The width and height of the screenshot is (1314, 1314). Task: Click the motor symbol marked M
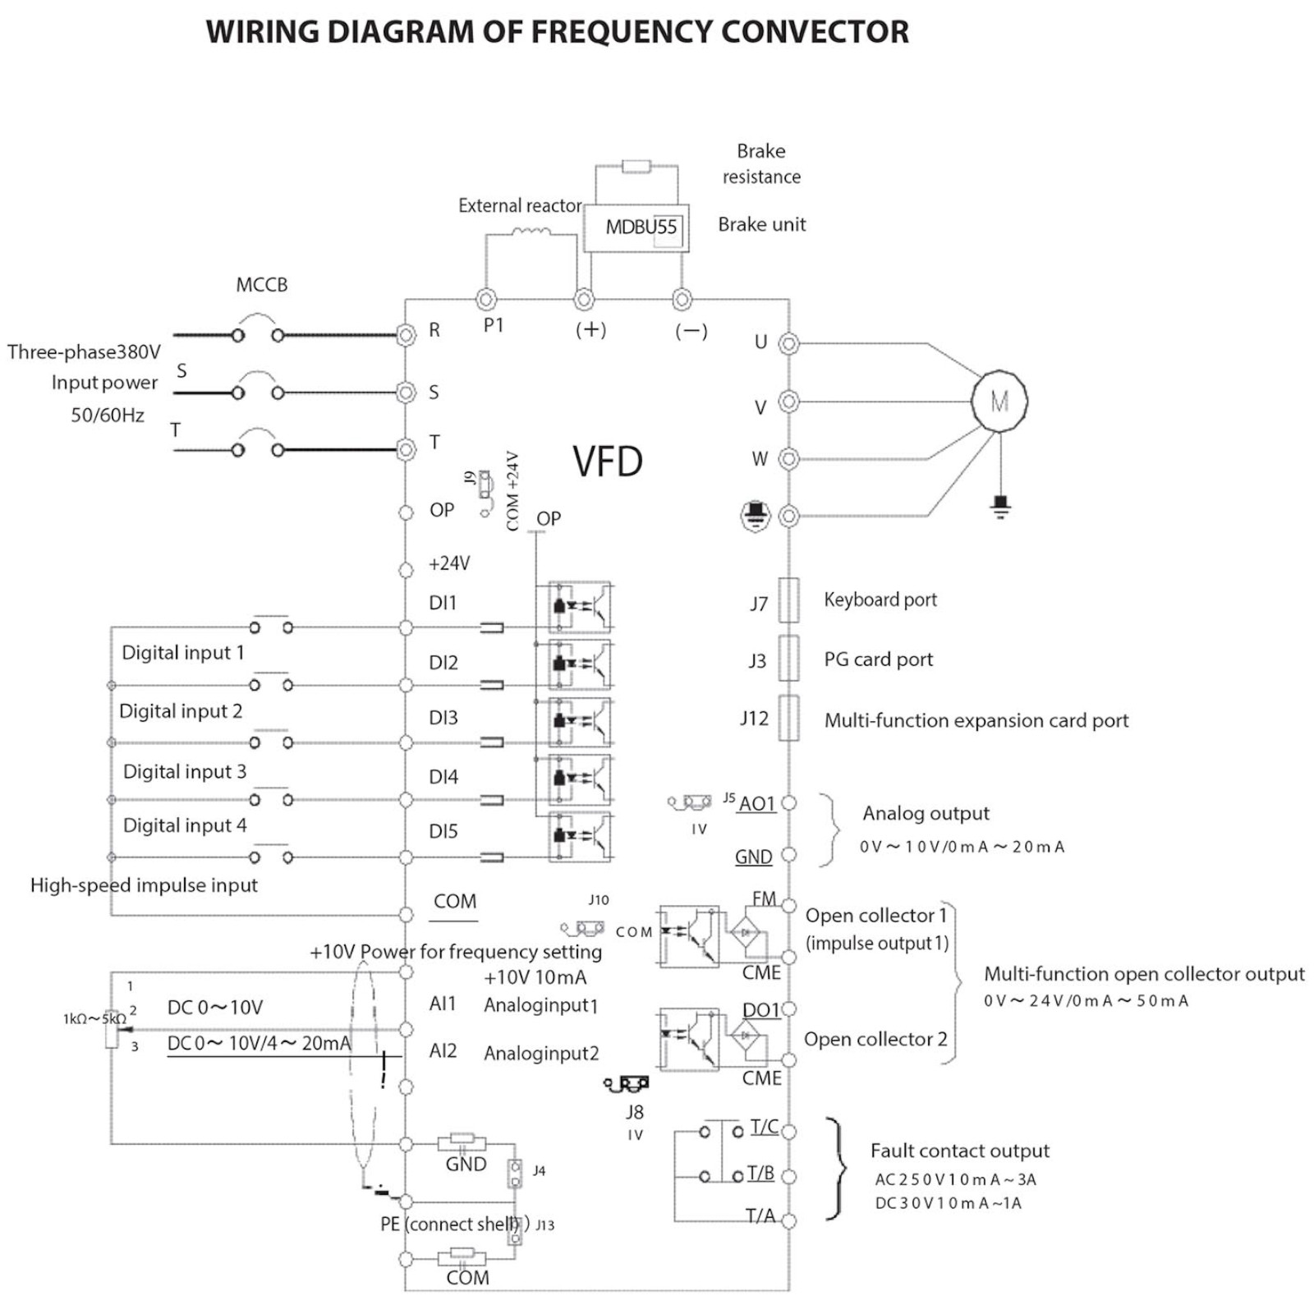click(999, 402)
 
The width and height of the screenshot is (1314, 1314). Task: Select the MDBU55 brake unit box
click(636, 227)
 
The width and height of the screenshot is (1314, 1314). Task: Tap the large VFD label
click(608, 462)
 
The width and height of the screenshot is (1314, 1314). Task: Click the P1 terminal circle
click(486, 299)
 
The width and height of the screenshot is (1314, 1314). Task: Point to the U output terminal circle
click(788, 343)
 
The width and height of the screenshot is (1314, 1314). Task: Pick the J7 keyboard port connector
click(788, 600)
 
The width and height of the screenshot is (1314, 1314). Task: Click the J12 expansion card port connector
click(788, 718)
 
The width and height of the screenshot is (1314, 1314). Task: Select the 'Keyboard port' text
click(880, 600)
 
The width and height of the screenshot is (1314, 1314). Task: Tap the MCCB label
click(262, 285)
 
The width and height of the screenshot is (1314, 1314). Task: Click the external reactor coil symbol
click(531, 232)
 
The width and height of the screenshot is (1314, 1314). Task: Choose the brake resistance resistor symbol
click(636, 167)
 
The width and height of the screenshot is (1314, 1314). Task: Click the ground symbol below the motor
click(1000, 505)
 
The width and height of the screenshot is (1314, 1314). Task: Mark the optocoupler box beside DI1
click(581, 607)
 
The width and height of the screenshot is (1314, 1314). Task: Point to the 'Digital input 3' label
click(185, 771)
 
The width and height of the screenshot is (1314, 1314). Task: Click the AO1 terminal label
click(757, 803)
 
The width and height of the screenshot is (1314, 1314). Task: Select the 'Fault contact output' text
click(959, 1151)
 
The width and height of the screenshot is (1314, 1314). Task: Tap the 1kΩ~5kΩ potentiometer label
click(94, 1019)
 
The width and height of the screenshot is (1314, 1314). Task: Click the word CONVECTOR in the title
click(815, 32)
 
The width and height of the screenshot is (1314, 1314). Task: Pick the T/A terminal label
click(760, 1215)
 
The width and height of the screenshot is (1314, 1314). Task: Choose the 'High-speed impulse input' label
click(144, 885)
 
